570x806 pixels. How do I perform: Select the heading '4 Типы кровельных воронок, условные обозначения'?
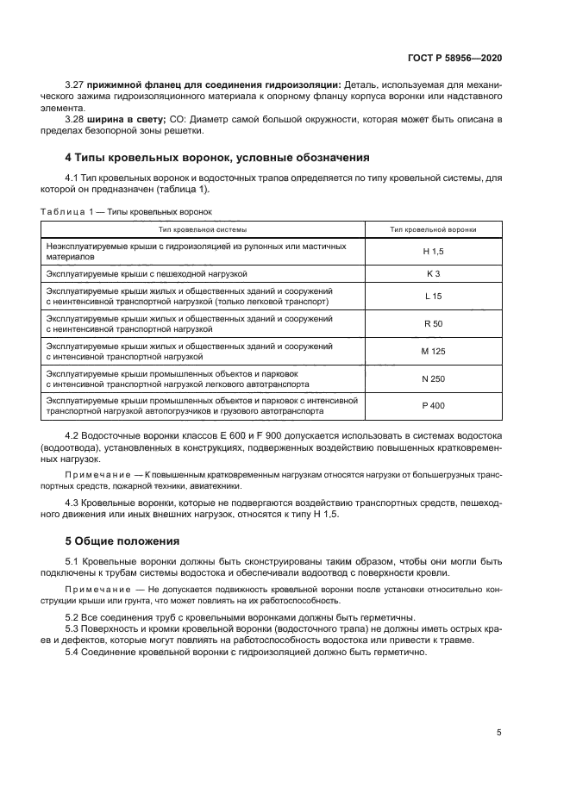217,158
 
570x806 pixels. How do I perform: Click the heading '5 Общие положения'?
122,541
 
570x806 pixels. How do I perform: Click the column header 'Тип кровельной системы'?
203,229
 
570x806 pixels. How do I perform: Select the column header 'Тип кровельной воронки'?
433,229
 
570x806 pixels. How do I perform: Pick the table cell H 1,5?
433,251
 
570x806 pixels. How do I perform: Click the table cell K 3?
433,273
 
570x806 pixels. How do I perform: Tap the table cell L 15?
433,297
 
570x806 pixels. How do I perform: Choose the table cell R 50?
433,324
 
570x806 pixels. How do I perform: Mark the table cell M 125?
433,351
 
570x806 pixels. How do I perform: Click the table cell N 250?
433,378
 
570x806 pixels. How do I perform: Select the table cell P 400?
433,405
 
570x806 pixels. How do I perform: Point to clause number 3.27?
75,84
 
